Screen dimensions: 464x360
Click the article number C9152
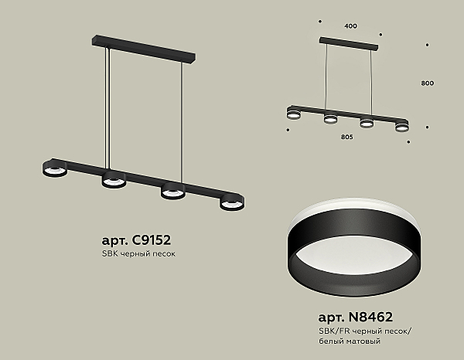[x=151, y=240]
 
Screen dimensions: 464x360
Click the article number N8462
[x=370, y=318]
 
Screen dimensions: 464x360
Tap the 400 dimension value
[x=350, y=26]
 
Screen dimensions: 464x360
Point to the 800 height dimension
[x=428, y=83]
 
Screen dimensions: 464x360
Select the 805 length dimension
[x=346, y=137]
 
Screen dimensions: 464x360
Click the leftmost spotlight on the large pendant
[x=54, y=169]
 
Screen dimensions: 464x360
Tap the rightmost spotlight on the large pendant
[x=232, y=202]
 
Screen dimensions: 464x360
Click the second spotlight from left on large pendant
[x=114, y=180]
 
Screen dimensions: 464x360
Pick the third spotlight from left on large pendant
[x=173, y=191]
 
